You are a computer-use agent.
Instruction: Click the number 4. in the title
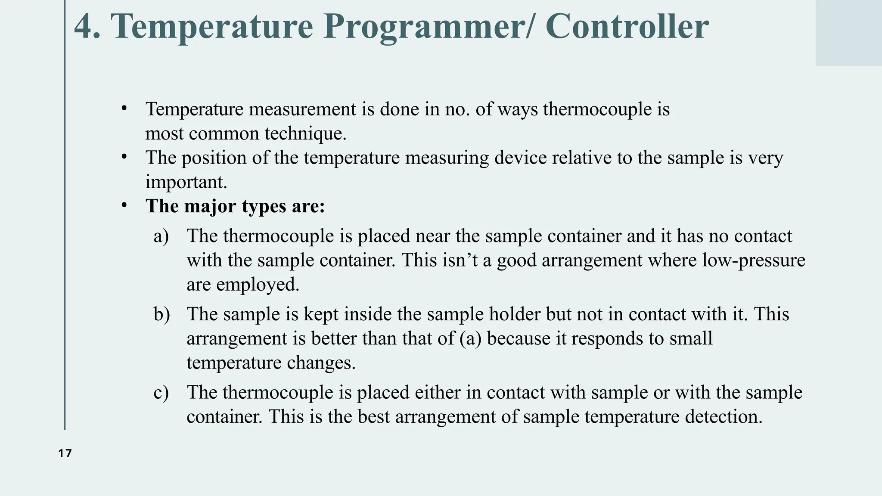pyautogui.click(x=87, y=27)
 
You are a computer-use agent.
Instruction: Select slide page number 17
pyautogui.click(x=65, y=453)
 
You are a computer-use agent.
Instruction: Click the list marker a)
pyautogui.click(x=161, y=236)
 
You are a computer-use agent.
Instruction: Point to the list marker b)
pyautogui.click(x=161, y=314)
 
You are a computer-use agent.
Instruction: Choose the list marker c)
pyautogui.click(x=161, y=393)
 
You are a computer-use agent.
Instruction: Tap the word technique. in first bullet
pyautogui.click(x=305, y=134)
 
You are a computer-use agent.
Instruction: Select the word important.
pyautogui.click(x=186, y=182)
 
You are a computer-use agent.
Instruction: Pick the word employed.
pyautogui.click(x=258, y=285)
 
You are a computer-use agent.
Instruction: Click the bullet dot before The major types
pyautogui.click(x=124, y=206)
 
